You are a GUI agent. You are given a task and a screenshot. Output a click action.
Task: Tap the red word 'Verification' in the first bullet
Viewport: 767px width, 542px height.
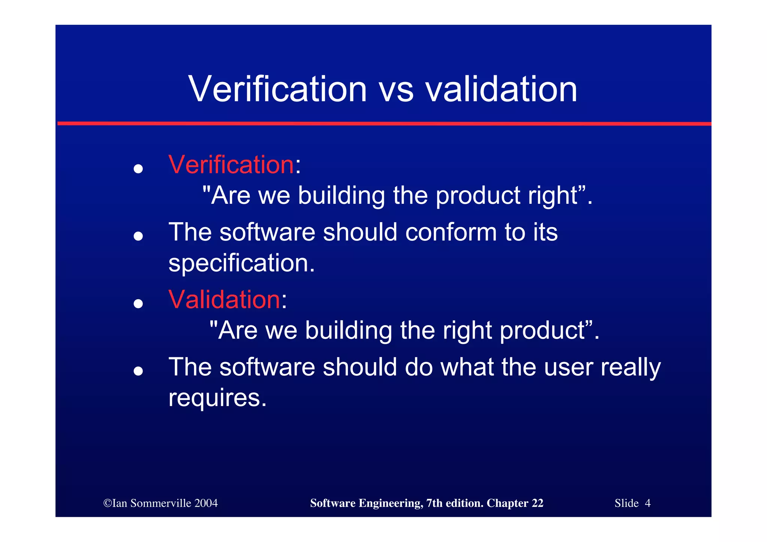point(231,165)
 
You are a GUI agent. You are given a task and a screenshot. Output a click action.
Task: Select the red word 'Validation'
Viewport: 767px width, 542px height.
point(224,300)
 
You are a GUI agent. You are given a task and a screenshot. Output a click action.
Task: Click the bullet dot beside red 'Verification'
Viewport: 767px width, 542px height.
point(138,169)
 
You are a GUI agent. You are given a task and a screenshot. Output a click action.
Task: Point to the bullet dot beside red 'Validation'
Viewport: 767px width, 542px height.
point(138,303)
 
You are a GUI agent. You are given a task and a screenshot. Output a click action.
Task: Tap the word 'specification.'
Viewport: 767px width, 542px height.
point(242,263)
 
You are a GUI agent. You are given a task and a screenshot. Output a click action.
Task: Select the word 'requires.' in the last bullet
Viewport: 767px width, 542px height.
point(217,398)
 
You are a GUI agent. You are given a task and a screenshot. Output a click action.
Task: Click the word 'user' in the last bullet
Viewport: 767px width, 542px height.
point(568,367)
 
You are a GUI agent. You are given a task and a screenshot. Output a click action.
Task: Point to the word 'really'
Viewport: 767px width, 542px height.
point(631,368)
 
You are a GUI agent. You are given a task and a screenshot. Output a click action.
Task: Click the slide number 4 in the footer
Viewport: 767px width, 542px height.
point(648,503)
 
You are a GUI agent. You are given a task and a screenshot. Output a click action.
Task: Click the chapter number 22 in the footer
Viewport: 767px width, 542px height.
point(537,503)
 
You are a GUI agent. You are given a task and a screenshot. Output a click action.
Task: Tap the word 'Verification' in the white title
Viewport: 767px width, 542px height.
point(278,90)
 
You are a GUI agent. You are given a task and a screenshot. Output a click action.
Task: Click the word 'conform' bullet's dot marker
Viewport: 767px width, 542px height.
point(138,236)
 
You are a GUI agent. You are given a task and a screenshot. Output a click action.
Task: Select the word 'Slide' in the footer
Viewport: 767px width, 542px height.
point(627,503)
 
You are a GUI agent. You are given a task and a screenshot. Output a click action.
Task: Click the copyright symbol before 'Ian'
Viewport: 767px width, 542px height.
point(107,503)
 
